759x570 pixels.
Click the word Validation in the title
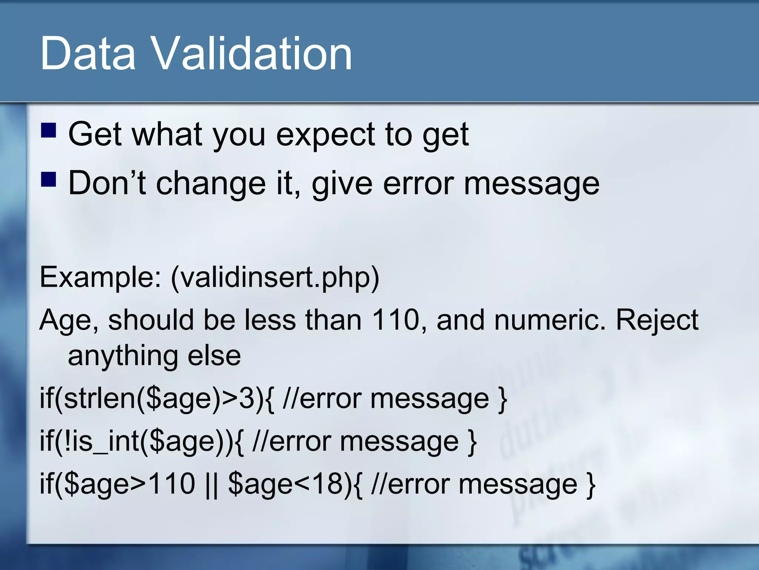252,54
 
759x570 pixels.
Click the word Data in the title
88,54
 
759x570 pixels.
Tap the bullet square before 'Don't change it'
48,179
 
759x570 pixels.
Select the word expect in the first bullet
325,134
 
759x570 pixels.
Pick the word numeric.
550,320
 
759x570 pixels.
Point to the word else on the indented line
214,356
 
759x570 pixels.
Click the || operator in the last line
211,484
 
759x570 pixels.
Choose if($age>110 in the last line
117,484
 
